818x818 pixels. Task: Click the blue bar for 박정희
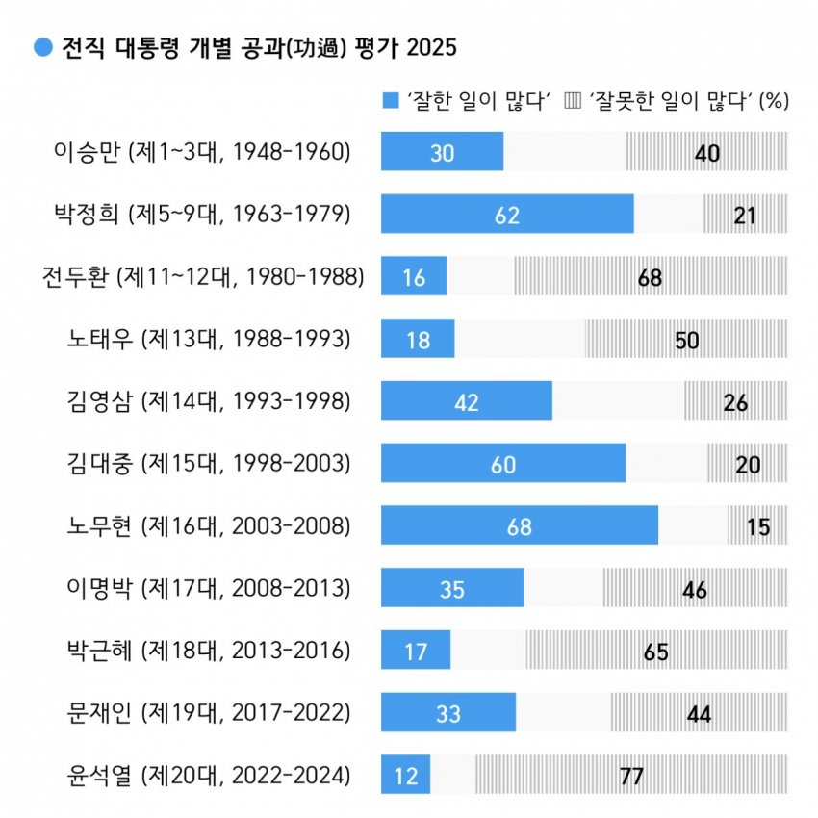[x=507, y=214]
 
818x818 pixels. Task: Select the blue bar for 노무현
[x=520, y=525]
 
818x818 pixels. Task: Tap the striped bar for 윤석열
[x=630, y=775]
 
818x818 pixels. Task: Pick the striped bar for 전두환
[x=650, y=276]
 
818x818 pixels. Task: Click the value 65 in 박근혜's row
[x=656, y=651]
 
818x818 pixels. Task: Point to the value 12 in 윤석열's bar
[x=406, y=776]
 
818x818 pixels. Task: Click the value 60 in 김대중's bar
[x=503, y=464]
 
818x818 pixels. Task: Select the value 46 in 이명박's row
[x=695, y=589]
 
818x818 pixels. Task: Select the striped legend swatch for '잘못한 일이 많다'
[x=573, y=101]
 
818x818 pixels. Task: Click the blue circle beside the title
[x=43, y=47]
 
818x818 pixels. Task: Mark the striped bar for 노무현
[x=757, y=525]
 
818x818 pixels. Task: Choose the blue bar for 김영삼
[x=467, y=401]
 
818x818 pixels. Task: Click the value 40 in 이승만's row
[x=707, y=152]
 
